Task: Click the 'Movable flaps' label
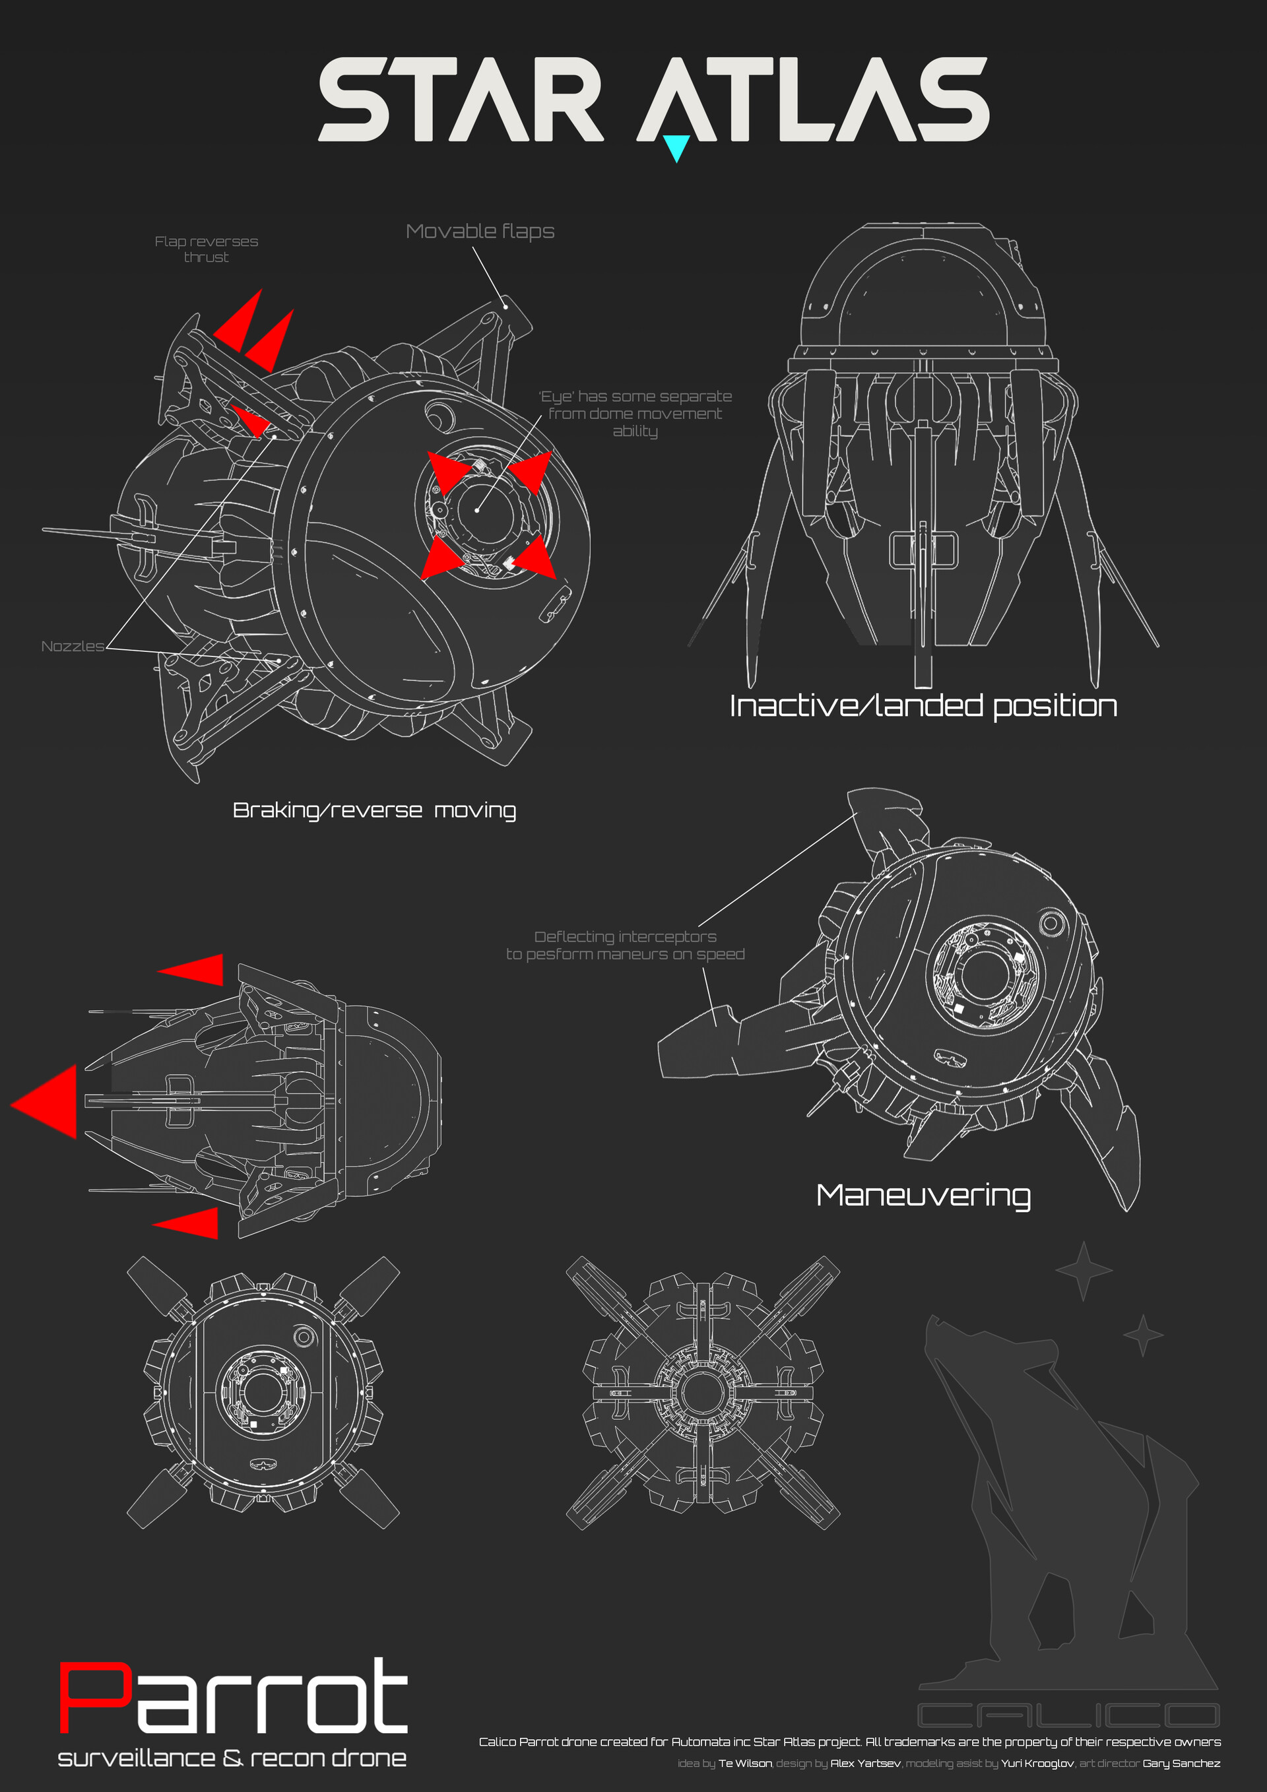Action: tap(480, 231)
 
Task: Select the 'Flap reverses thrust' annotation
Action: tap(206, 249)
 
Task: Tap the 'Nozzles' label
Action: tap(73, 646)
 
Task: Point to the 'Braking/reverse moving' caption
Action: tap(375, 811)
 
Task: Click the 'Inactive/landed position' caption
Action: tap(923, 705)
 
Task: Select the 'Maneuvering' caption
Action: tap(923, 1196)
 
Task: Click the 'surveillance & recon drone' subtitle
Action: tap(232, 1758)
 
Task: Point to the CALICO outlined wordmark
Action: tap(1068, 1715)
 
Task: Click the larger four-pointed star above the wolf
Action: tap(1084, 1271)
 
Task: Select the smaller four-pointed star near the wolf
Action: tap(1144, 1335)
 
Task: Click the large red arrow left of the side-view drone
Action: tap(44, 1101)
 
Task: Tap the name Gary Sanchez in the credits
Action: tap(1181, 1763)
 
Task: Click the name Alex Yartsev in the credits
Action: tap(866, 1763)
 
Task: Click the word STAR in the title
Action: tap(461, 99)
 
